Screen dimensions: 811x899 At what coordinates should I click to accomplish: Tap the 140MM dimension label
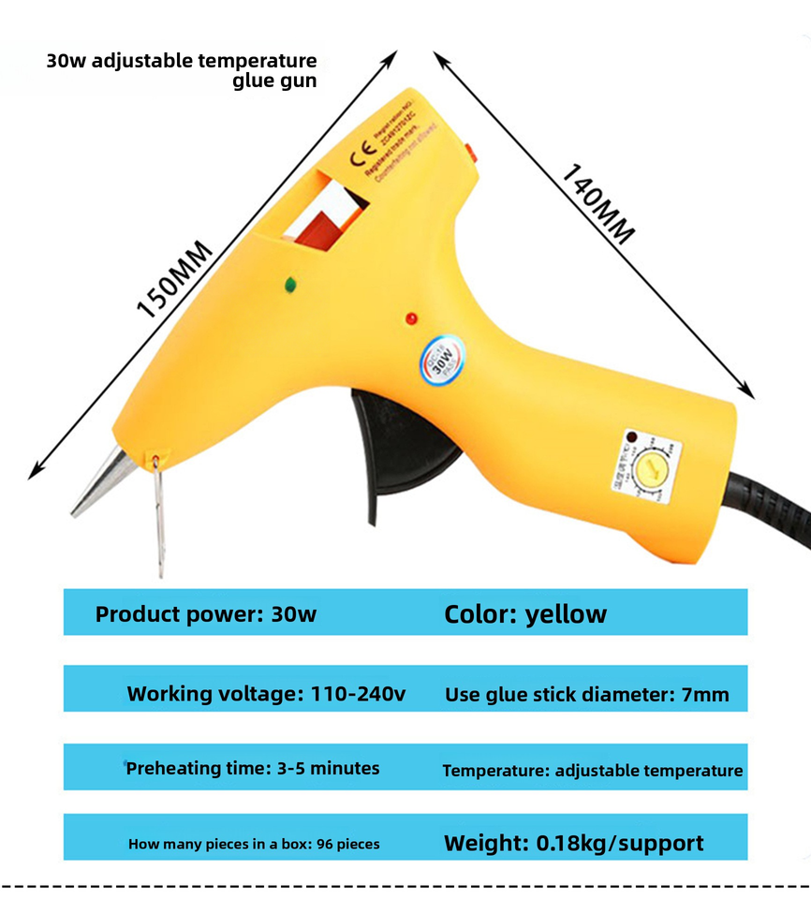597,204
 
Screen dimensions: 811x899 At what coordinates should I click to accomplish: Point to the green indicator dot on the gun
290,282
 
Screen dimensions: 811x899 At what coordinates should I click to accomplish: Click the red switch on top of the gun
470,150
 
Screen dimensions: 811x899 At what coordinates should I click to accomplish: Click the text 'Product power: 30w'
206,615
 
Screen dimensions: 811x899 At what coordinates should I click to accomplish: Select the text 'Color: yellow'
524,614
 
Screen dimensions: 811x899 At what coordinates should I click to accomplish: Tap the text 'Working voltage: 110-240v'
266,694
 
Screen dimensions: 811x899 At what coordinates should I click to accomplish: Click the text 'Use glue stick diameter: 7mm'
586,695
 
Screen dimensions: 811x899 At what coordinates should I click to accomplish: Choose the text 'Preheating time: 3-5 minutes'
253,769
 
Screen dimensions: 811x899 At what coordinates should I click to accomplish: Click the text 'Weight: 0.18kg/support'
573,843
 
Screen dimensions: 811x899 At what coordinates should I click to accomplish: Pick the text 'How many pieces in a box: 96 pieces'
254,844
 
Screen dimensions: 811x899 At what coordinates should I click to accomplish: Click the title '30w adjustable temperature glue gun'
182,70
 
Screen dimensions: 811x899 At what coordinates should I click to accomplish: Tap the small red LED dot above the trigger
410,319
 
